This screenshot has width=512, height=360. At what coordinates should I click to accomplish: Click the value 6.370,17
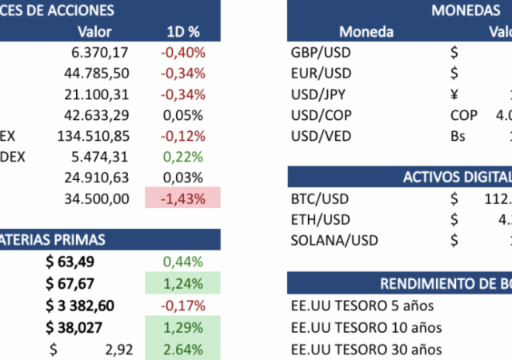(x=99, y=53)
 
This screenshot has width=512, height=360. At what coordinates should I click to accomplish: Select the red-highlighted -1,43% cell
(x=183, y=198)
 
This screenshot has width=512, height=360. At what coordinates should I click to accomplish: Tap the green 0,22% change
(x=183, y=157)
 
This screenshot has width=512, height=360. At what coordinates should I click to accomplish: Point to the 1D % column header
(x=183, y=32)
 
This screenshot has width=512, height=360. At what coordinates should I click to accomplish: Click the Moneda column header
(x=366, y=32)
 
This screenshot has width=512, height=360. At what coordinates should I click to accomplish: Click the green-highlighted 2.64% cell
(x=183, y=348)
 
